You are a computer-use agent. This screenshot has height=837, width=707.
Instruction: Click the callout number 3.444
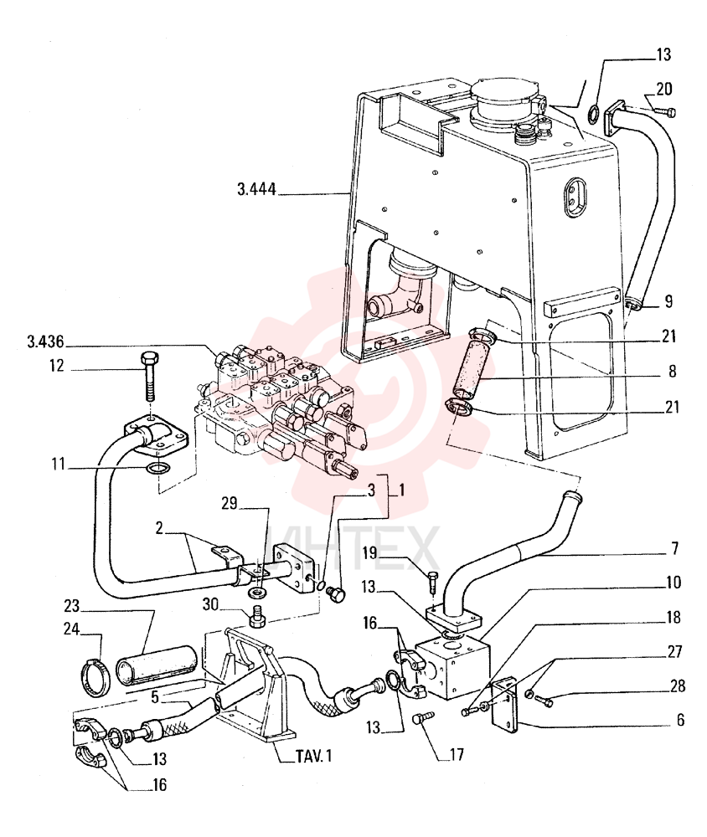tap(256, 189)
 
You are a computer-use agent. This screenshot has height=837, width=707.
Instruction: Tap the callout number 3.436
tap(46, 341)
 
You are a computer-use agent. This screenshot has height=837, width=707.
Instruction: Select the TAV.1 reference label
tap(313, 756)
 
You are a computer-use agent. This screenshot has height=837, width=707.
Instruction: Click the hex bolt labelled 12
tap(149, 377)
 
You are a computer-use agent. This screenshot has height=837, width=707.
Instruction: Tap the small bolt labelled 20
tap(664, 111)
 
